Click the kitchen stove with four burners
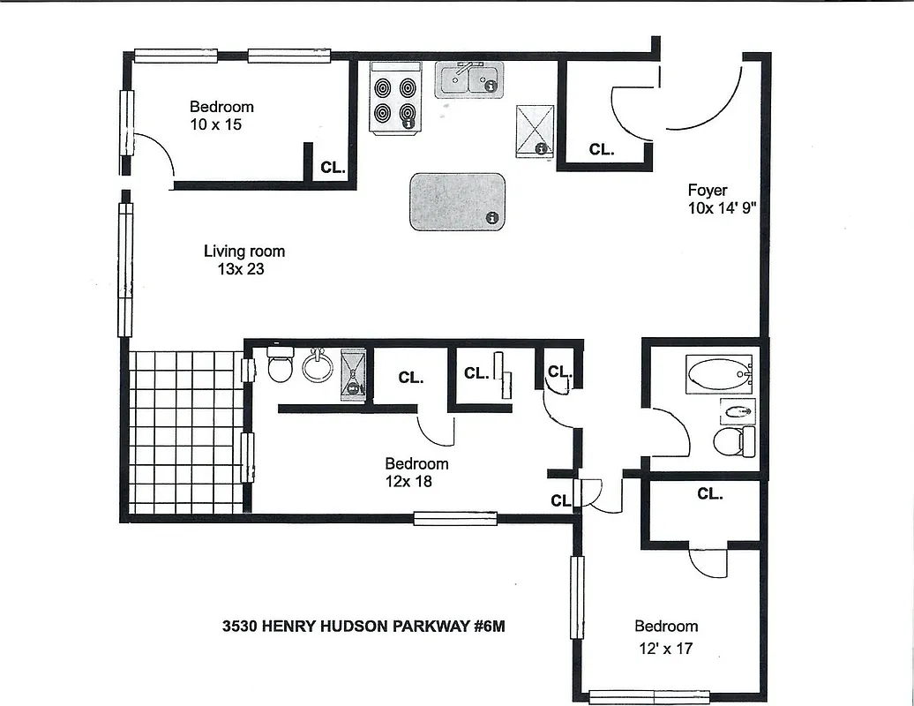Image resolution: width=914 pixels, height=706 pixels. [x=394, y=100]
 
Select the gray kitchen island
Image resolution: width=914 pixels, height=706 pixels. [x=457, y=201]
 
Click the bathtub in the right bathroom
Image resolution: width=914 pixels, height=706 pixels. [x=720, y=375]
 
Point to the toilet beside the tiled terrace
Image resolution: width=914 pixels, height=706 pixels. [x=280, y=364]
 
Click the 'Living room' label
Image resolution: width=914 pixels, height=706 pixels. [x=244, y=252]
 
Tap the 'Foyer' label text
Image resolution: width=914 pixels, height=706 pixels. [x=708, y=190]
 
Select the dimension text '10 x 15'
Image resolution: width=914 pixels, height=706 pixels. [x=215, y=125]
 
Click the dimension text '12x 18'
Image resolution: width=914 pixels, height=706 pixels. [x=408, y=482]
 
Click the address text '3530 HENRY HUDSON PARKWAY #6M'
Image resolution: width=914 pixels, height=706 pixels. [x=363, y=627]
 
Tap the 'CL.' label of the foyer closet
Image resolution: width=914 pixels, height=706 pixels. [x=602, y=150]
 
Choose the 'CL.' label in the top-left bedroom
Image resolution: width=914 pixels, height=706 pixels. [x=333, y=167]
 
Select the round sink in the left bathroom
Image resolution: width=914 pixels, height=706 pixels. [x=318, y=365]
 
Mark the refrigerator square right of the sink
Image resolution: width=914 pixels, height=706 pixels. [x=535, y=130]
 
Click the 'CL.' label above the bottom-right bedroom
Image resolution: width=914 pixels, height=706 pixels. [x=709, y=494]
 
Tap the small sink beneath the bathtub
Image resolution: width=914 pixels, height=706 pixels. [x=737, y=410]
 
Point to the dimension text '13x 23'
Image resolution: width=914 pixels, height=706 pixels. [x=241, y=270]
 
